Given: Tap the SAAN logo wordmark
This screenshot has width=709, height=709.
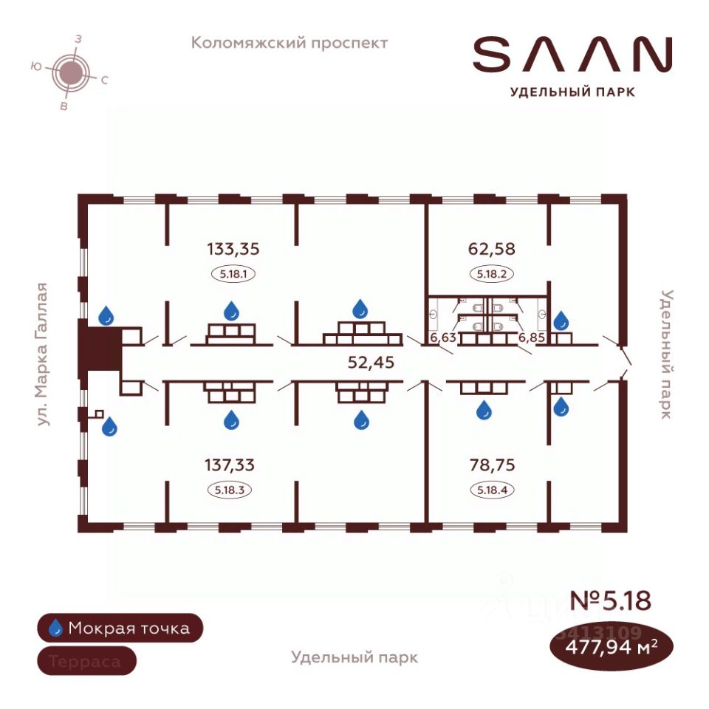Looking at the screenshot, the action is point(572,55).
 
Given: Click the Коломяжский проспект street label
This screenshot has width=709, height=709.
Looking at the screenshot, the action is point(290,43).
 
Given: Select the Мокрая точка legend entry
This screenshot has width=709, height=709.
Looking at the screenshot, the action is point(118,628).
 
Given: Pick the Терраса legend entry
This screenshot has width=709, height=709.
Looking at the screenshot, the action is point(86,661).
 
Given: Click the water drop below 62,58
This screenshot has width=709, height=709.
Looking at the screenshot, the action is point(561,320).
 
